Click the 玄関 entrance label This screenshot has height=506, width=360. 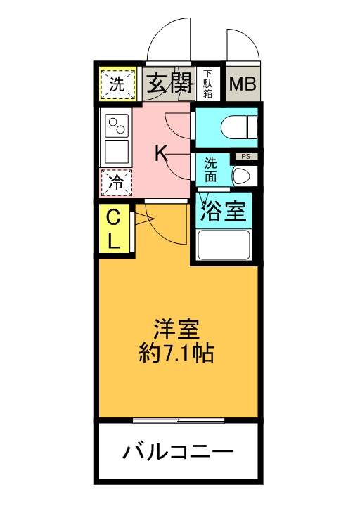(x=169, y=84)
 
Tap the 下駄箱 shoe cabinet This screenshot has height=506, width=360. (x=207, y=84)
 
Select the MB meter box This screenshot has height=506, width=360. (x=243, y=84)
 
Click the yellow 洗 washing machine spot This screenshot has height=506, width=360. (x=117, y=84)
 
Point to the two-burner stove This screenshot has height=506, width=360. (x=116, y=126)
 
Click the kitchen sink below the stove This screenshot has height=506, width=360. (x=116, y=152)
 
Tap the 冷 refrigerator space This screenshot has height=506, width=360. (x=116, y=183)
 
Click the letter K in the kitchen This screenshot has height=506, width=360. (x=160, y=153)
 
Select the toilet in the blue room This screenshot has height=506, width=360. (x=240, y=127)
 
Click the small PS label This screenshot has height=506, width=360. (x=246, y=157)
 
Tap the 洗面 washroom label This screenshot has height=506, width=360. (x=210, y=170)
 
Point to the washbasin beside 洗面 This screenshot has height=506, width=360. (x=245, y=176)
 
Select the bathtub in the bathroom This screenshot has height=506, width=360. (x=224, y=245)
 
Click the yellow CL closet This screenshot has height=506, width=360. (x=114, y=229)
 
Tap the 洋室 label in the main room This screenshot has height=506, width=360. (x=176, y=330)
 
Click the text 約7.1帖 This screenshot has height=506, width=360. (x=176, y=353)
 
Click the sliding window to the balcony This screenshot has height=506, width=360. (x=179, y=420)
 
